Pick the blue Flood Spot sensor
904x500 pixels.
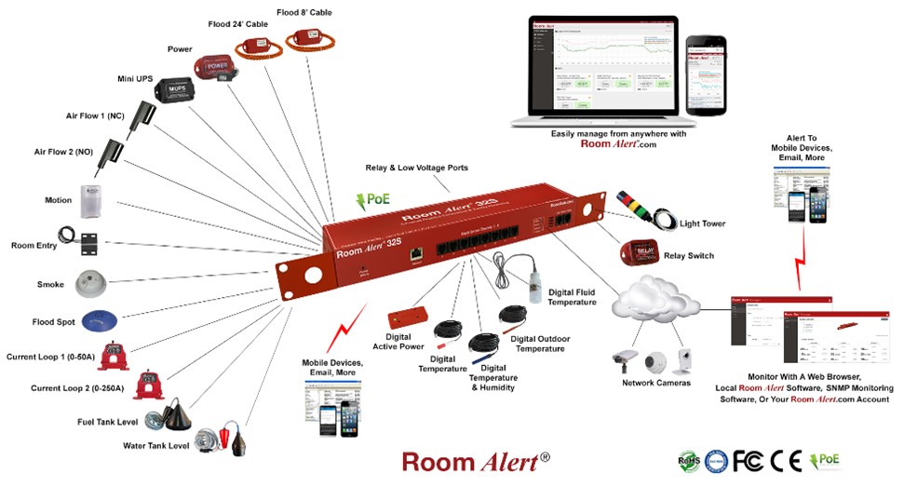(x=100, y=321)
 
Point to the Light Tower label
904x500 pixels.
(x=702, y=224)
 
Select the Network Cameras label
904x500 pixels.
(x=656, y=383)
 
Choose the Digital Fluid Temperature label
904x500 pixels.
(x=572, y=296)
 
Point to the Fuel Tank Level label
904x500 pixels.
(x=107, y=422)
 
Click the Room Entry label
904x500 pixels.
(x=33, y=245)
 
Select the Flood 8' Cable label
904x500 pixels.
(x=304, y=12)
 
